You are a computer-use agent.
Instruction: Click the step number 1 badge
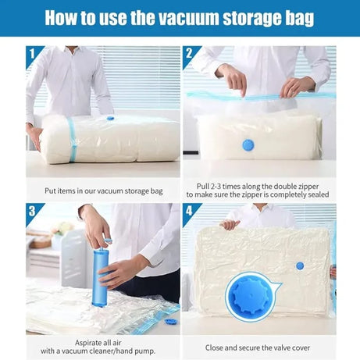32,54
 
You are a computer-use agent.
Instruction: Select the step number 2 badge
190,54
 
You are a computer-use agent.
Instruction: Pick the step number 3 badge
32,211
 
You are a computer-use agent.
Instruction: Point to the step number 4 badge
190,211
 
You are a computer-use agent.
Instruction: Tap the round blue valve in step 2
248,144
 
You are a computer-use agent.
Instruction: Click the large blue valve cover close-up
250,296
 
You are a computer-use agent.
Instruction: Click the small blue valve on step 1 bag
110,118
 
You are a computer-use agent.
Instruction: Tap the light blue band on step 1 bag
72,141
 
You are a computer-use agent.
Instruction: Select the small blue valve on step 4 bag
300,266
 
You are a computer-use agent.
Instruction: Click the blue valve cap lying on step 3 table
171,321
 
